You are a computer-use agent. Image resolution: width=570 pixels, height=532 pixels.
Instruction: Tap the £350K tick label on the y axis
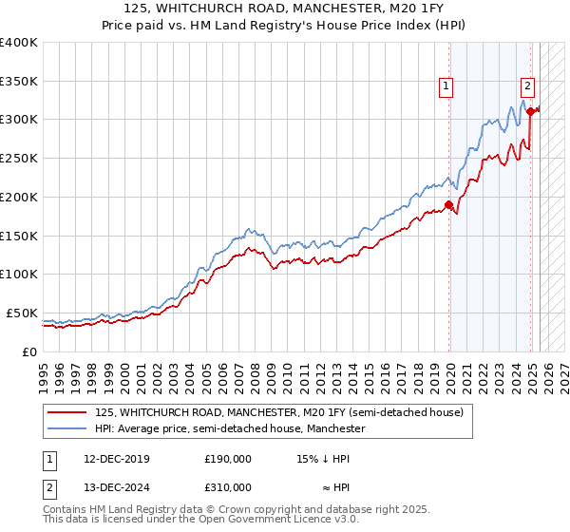coord(19,82)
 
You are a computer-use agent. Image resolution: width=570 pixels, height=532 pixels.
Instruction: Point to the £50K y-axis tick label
coord(21,313)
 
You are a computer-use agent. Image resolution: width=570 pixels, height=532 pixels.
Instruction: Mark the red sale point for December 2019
coord(448,204)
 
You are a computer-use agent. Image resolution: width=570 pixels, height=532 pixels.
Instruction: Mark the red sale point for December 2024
coord(530,111)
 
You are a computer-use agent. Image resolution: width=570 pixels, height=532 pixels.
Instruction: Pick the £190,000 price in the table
coord(228,458)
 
